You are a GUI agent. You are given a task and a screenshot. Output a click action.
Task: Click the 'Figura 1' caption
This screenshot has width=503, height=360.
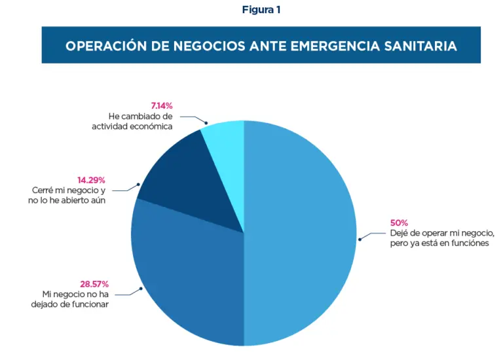point(261,10)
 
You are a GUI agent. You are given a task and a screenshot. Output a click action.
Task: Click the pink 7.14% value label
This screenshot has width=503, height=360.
point(162,105)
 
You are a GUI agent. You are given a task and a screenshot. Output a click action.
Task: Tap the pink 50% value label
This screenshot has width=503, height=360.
point(399,223)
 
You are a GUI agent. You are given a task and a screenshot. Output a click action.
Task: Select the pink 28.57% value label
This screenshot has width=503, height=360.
point(94,284)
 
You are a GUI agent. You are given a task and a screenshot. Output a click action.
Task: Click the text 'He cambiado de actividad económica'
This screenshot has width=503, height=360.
point(132,121)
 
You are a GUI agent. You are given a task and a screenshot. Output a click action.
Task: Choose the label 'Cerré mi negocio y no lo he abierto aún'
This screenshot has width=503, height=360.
point(69,195)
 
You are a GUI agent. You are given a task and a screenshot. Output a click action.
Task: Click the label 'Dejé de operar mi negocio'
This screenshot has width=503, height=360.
point(441,233)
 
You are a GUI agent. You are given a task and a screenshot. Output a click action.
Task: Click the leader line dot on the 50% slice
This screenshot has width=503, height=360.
point(360,240)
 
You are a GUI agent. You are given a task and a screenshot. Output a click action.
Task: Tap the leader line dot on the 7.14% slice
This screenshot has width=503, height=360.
point(206,122)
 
